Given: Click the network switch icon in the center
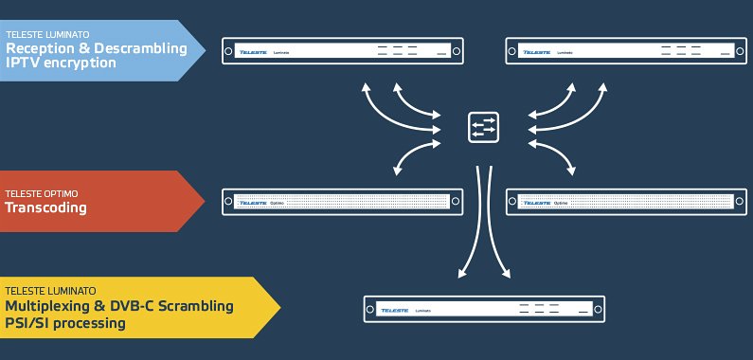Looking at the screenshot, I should (483, 128).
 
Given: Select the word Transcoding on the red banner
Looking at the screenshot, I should (46, 208).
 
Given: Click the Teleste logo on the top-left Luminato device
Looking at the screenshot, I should (254, 51).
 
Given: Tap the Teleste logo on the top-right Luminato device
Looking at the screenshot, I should (537, 51).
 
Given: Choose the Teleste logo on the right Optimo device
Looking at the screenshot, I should (537, 202).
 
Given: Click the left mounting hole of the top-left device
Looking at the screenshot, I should (229, 51).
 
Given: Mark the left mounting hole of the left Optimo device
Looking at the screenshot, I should (229, 202).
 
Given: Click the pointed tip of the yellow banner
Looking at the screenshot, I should (279, 308).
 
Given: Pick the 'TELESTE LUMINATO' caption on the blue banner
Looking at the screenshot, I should (45, 34).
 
